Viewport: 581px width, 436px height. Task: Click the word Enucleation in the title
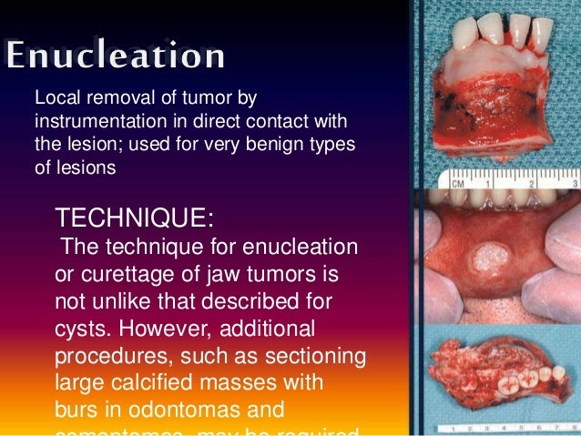[116, 56]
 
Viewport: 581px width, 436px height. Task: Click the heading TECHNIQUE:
[136, 218]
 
